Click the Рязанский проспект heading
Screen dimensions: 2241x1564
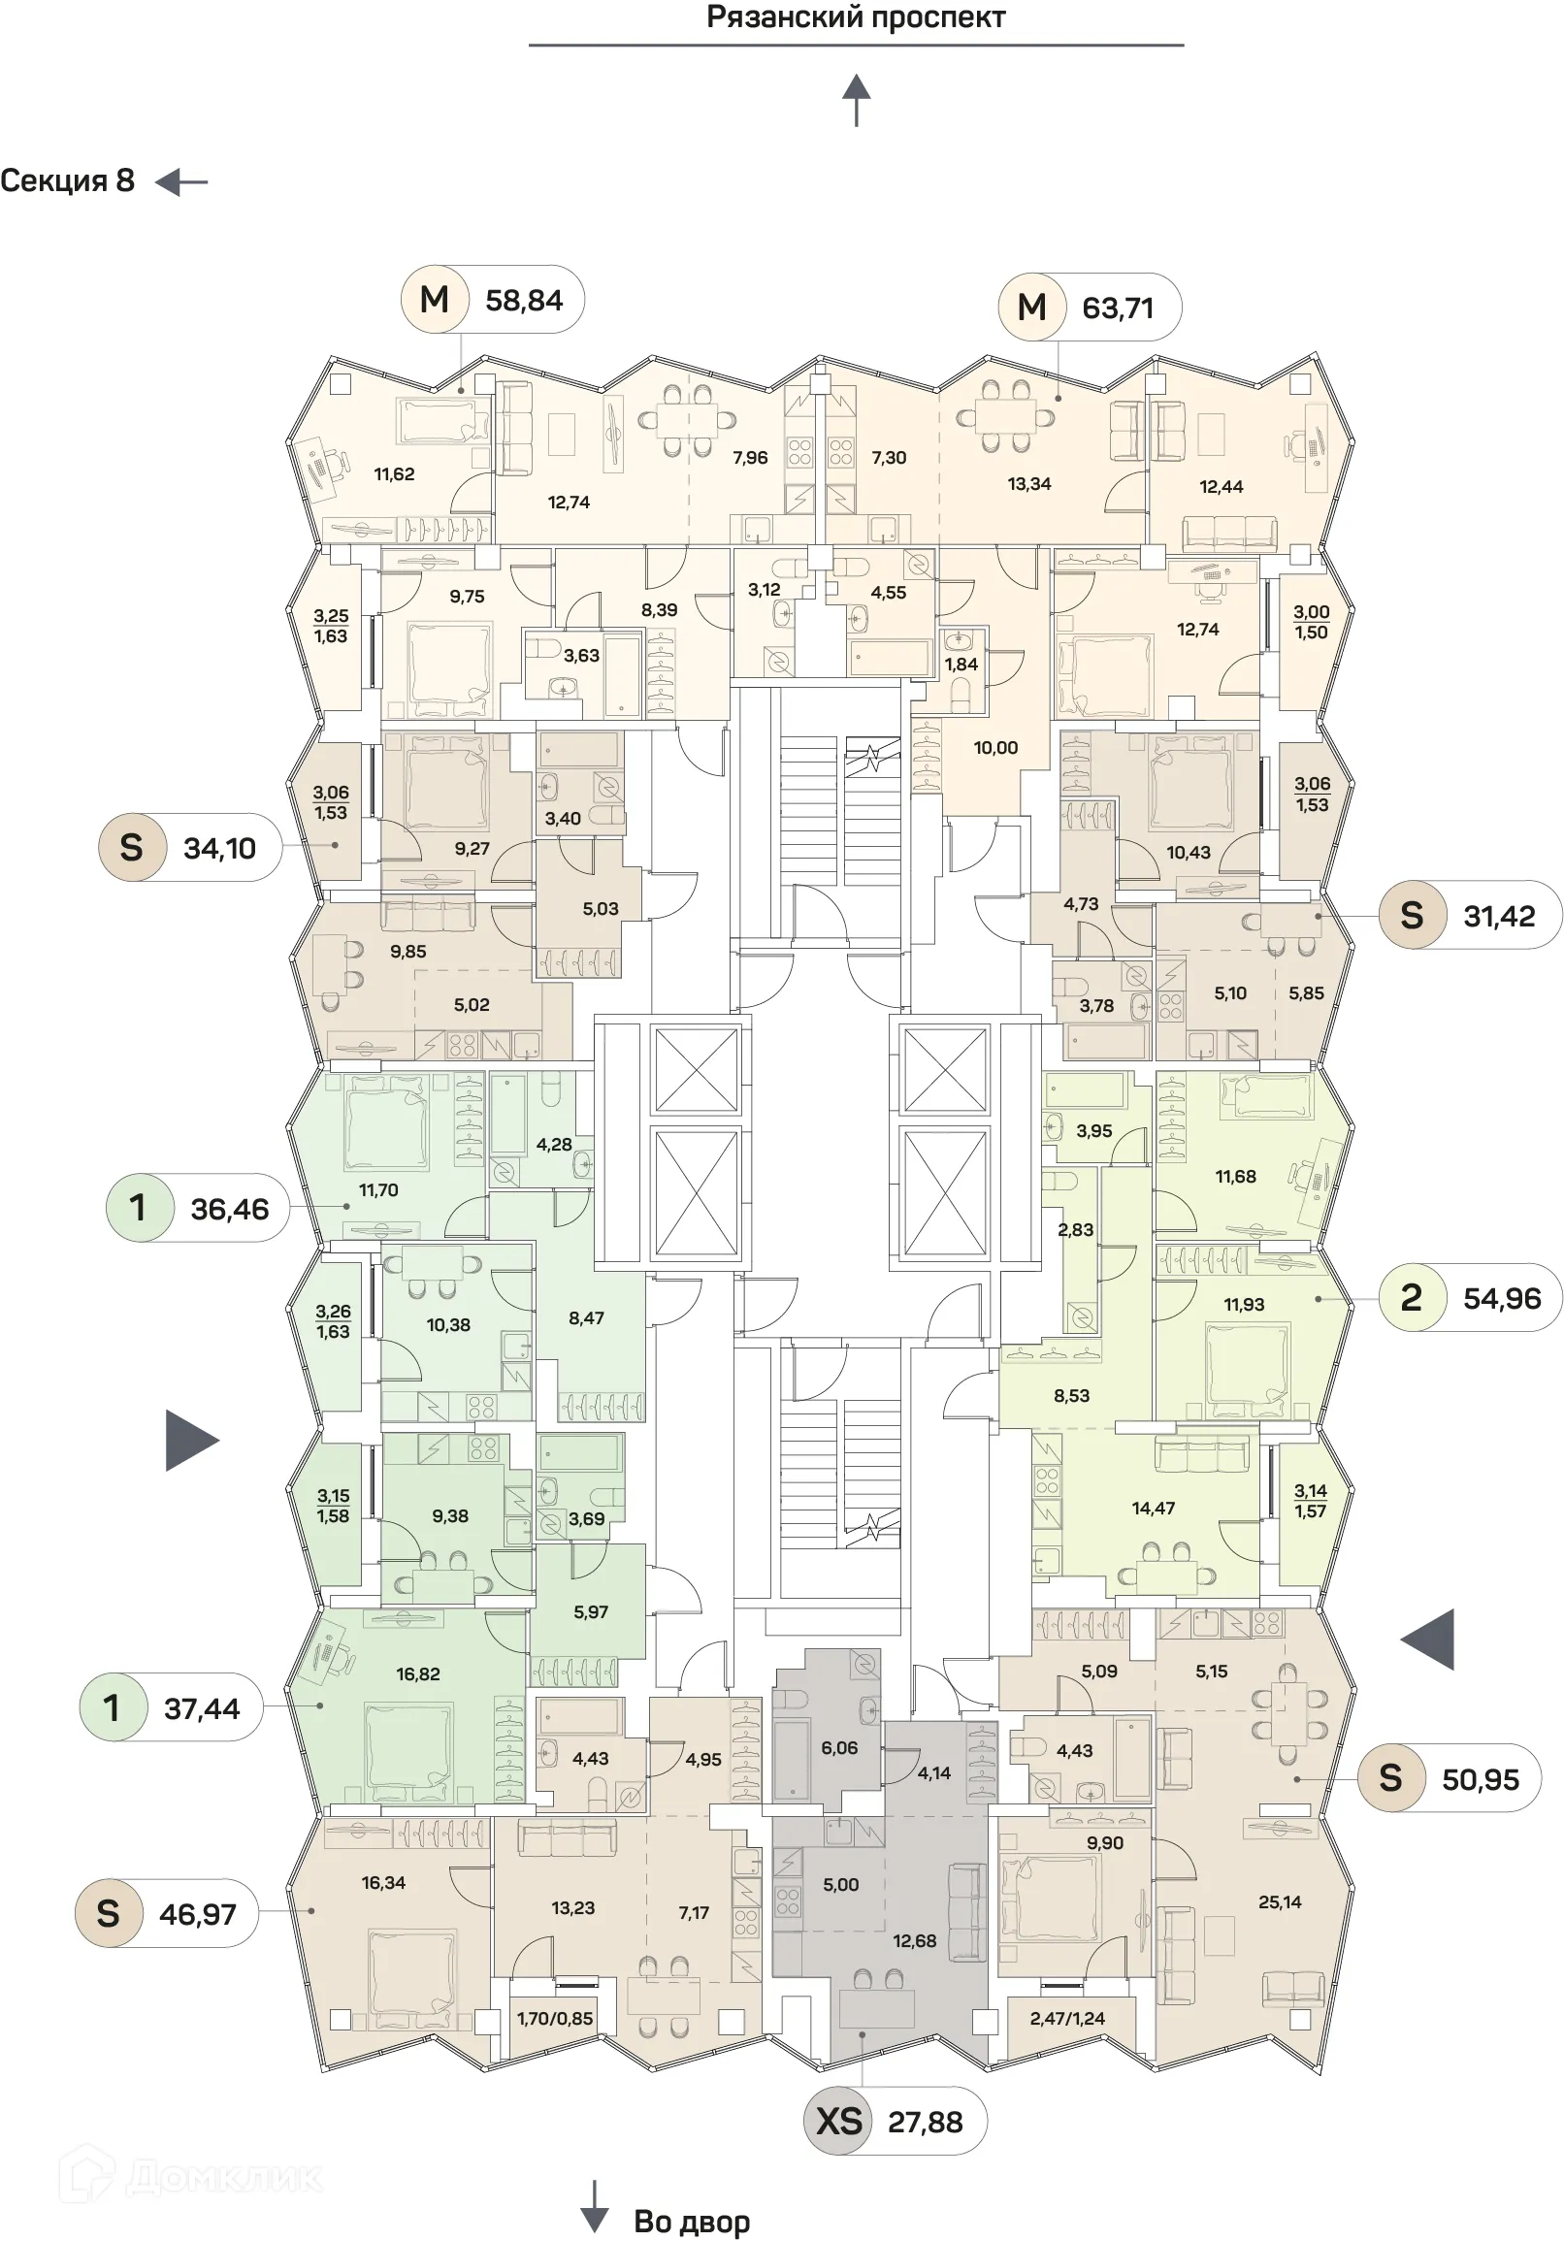pyautogui.click(x=855, y=17)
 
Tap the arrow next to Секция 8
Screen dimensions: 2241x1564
pyautogui.click(x=181, y=181)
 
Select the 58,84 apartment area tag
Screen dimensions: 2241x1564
pyautogui.click(x=524, y=301)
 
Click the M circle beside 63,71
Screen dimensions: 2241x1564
pyautogui.click(x=1031, y=308)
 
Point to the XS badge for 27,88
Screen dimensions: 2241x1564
pyautogui.click(x=838, y=2121)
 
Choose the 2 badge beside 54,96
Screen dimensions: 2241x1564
pyautogui.click(x=1411, y=1298)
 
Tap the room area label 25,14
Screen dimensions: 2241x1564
pyautogui.click(x=1279, y=1901)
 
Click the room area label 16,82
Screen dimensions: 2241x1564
pyautogui.click(x=418, y=1673)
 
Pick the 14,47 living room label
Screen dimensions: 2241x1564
pyautogui.click(x=1153, y=1508)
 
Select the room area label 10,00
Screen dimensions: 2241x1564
pyautogui.click(x=994, y=748)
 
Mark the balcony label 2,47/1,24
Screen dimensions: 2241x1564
pyautogui.click(x=1067, y=2018)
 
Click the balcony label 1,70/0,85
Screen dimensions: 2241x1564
pyautogui.click(x=555, y=2018)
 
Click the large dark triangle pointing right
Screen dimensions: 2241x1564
pyautogui.click(x=189, y=1440)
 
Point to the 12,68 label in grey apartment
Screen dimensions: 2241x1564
pyautogui.click(x=914, y=1940)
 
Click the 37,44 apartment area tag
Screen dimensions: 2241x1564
pyautogui.click(x=201, y=1708)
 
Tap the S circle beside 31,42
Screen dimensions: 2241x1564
pyautogui.click(x=1411, y=916)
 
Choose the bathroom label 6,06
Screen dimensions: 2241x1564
pyautogui.click(x=838, y=1747)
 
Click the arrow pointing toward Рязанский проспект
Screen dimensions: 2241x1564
pyautogui.click(x=856, y=100)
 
